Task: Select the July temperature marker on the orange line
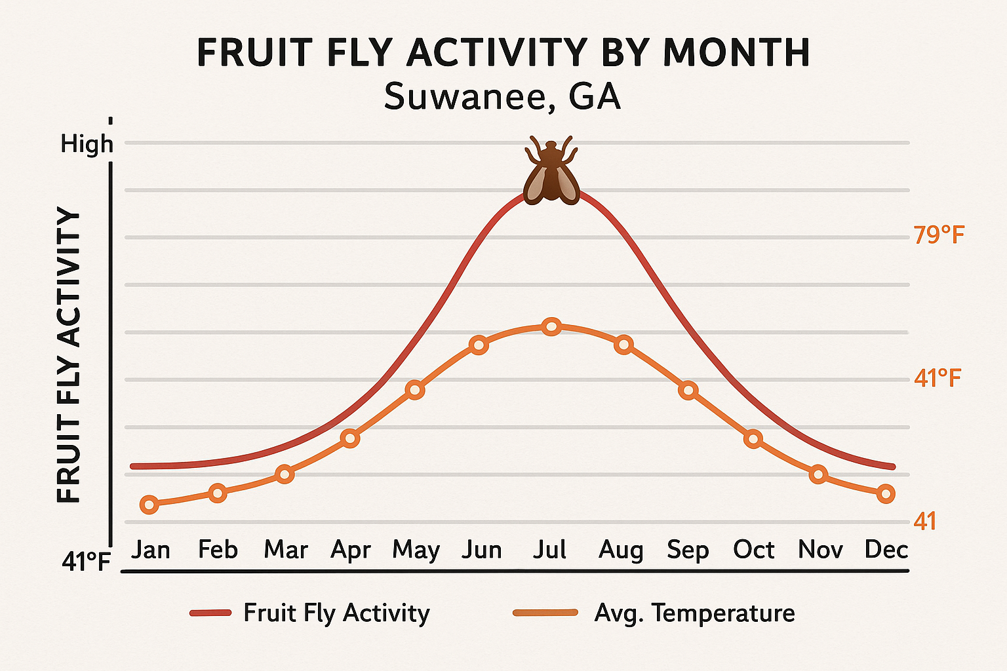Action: pos(551,326)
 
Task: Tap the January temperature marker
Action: pos(149,505)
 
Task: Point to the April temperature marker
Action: pos(350,438)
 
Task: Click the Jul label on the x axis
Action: pos(549,550)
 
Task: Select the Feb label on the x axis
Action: pos(218,550)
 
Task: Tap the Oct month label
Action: pos(754,550)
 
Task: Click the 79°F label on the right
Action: pos(939,235)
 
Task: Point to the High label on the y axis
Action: pos(87,144)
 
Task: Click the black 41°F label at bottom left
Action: pos(86,562)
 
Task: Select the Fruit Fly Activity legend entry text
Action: pos(336,613)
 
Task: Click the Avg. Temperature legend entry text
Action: pos(694,613)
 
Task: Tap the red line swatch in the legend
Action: pos(210,613)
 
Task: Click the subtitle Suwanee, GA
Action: pos(502,97)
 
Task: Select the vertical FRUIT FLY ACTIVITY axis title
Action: pos(69,355)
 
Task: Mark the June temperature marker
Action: pos(479,345)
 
